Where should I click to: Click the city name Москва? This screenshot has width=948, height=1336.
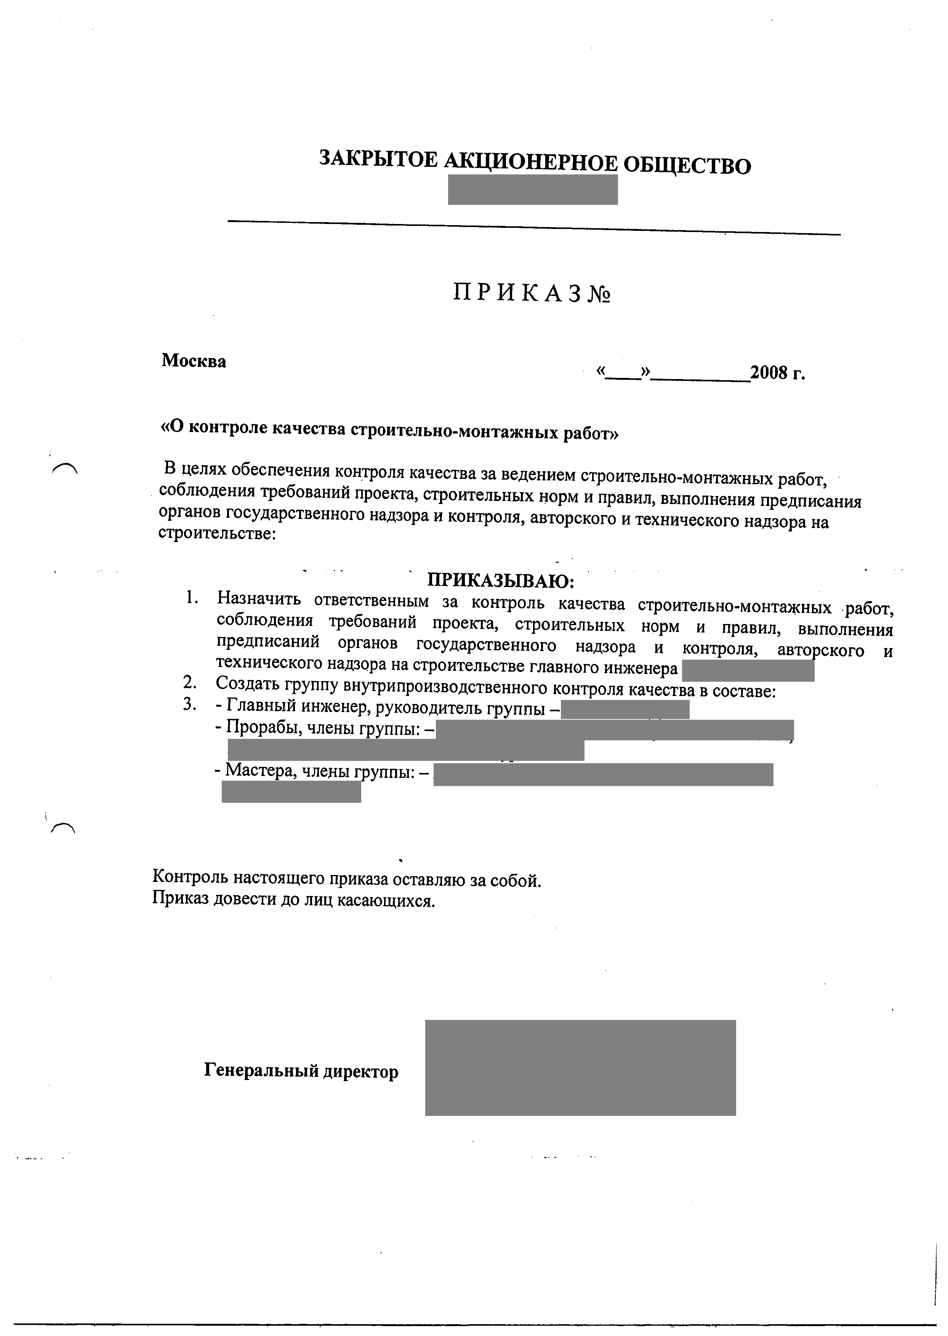194,361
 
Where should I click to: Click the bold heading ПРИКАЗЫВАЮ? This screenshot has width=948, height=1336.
501,581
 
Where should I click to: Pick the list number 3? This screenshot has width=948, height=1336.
189,704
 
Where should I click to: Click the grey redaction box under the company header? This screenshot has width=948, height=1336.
532,190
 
